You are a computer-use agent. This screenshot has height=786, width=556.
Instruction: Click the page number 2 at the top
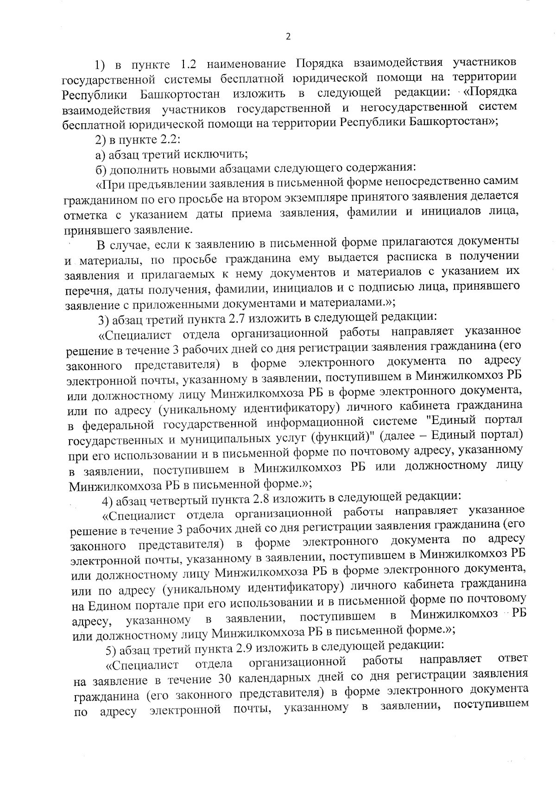coord(288,37)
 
